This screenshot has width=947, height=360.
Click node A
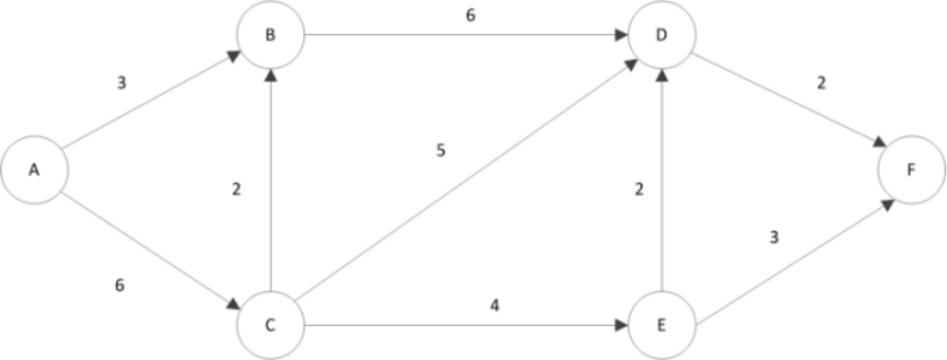coord(34,169)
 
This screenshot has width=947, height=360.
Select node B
coord(271,35)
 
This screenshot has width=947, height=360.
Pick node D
coord(661,35)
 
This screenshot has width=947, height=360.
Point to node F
coord(912,169)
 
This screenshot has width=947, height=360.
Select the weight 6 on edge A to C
coord(120,285)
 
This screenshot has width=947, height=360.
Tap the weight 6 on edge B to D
coord(471,15)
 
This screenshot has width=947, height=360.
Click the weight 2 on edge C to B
coord(236,190)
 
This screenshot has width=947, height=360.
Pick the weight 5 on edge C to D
coord(441,151)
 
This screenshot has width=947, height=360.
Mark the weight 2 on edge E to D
coord(638,190)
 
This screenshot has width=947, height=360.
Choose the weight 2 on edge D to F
coord(821,85)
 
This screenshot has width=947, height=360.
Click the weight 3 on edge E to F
coord(774,237)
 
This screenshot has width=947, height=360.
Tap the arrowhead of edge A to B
coord(234,56)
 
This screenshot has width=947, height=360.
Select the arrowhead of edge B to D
coord(622,36)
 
